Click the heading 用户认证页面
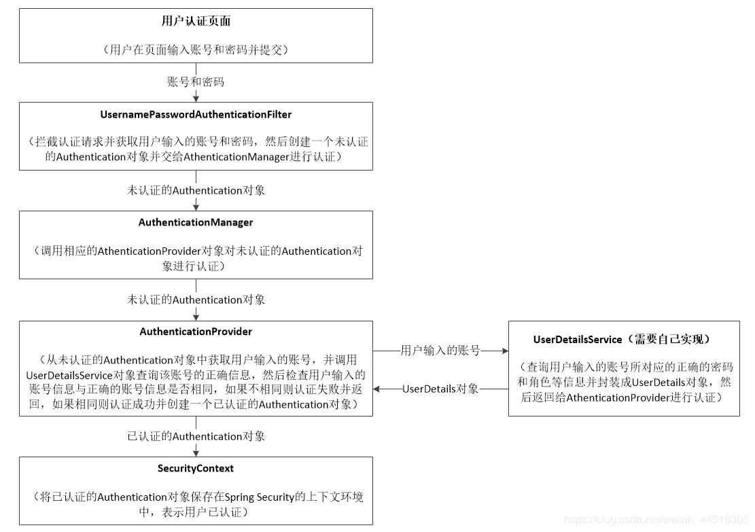click(x=196, y=21)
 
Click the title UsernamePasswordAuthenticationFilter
click(x=196, y=115)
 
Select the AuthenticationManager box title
click(x=196, y=223)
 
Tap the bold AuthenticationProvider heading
click(x=196, y=332)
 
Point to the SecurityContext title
click(x=196, y=469)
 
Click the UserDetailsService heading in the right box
click(x=624, y=339)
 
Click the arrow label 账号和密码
click(x=196, y=82)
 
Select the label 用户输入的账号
click(x=440, y=351)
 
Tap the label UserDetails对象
click(x=440, y=389)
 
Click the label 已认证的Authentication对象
click(x=196, y=436)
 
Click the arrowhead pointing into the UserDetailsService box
click(x=504, y=351)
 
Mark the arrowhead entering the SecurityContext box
click(x=196, y=453)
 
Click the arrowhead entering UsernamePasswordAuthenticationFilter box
click(x=196, y=99)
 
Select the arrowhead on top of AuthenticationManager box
click(x=196, y=207)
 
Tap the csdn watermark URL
click(x=655, y=520)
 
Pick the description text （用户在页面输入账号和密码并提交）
click(x=196, y=50)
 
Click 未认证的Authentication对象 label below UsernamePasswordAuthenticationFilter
click(x=196, y=191)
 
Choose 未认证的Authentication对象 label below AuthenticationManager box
click(x=196, y=300)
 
